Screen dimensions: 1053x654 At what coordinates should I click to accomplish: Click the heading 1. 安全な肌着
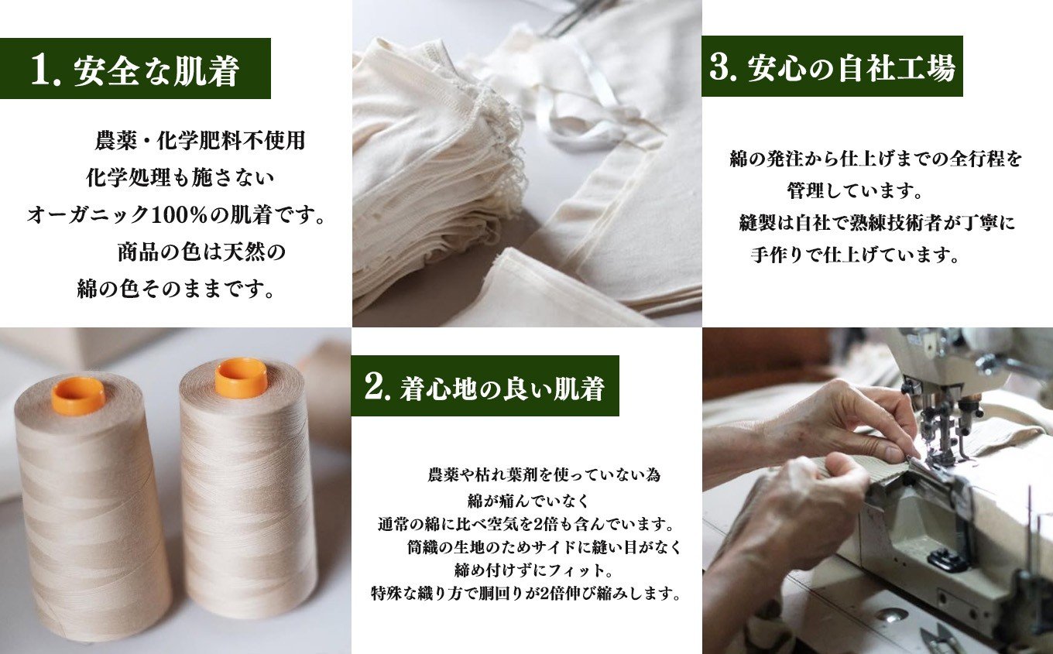135,70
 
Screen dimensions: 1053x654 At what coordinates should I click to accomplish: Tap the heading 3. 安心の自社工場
832,67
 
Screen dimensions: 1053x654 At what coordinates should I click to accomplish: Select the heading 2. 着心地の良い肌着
484,388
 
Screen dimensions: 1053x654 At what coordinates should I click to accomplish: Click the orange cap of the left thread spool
78,396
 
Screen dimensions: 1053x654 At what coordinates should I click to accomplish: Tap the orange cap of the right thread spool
241,378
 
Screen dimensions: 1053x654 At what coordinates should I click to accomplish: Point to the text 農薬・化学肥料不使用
201,141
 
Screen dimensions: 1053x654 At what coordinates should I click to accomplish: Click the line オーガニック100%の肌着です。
177,215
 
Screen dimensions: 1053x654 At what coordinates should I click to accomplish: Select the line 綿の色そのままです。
176,289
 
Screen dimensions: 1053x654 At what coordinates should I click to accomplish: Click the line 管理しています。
855,190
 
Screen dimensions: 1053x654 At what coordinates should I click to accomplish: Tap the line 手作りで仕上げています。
855,255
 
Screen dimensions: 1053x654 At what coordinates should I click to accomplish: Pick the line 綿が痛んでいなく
528,501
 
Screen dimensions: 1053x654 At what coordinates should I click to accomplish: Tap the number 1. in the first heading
46,71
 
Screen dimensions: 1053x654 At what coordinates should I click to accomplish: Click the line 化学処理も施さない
180,178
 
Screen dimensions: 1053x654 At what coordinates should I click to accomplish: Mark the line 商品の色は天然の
201,252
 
